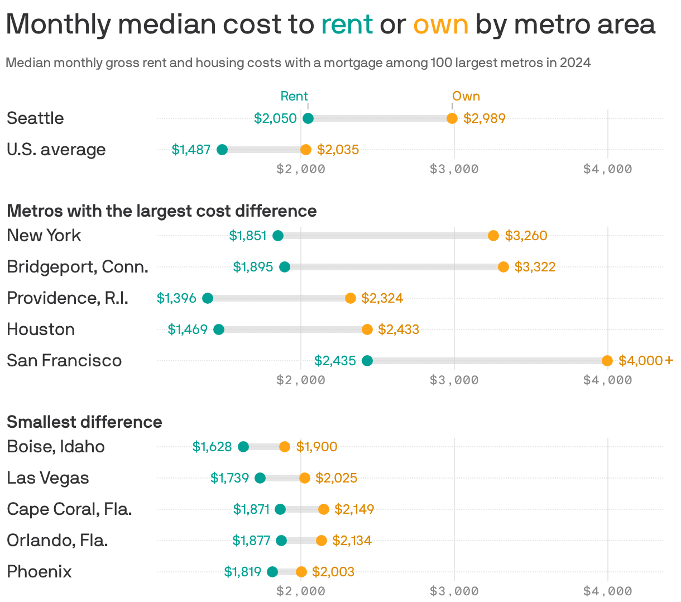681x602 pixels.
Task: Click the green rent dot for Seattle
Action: [308, 118]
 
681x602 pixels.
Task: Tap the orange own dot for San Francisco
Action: [607, 361]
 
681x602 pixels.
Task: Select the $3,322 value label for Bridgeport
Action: [535, 267]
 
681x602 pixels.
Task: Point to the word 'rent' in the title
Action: [347, 24]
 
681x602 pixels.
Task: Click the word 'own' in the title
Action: [440, 24]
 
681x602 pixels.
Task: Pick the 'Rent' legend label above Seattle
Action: [294, 96]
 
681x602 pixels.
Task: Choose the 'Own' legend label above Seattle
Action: [466, 96]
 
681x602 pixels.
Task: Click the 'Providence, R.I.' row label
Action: [68, 298]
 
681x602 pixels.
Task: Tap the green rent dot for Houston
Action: [219, 329]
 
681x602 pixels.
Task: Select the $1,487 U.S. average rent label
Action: [191, 150]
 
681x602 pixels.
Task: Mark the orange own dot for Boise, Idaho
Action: [285, 447]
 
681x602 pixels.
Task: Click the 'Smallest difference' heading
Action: [84, 422]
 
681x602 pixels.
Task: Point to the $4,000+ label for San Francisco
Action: [646, 361]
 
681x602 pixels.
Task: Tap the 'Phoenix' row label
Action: [40, 572]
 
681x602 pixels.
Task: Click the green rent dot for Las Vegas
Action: [260, 478]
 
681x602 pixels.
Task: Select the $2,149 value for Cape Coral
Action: [354, 509]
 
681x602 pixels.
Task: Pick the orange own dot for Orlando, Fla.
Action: [322, 541]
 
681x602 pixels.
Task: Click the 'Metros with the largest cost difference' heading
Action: [162, 211]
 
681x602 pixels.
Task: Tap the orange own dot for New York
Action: [493, 236]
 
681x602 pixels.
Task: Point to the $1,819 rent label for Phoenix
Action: [243, 572]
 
